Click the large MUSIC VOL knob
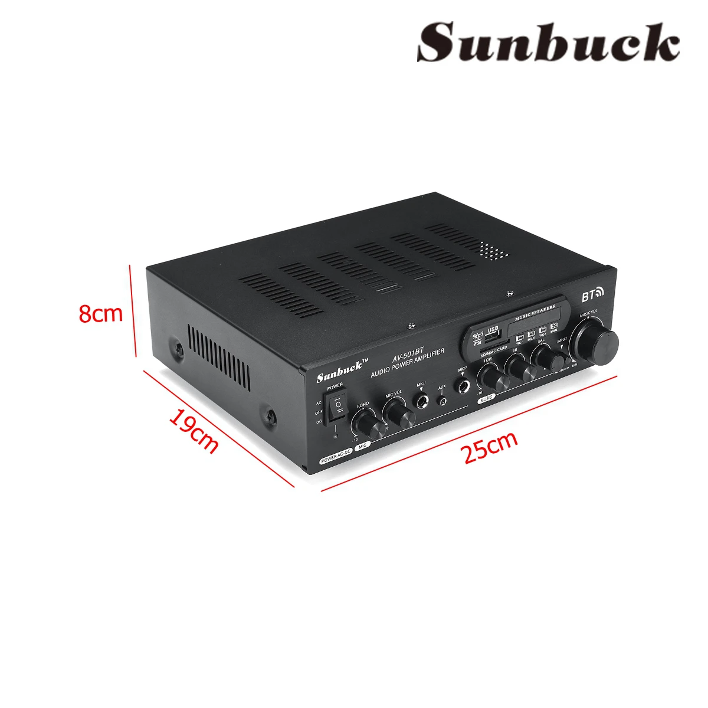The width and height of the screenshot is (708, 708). click(601, 343)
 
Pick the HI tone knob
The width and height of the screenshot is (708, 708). click(522, 367)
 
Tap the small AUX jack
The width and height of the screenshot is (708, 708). click(442, 402)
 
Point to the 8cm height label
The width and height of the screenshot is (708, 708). click(101, 313)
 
